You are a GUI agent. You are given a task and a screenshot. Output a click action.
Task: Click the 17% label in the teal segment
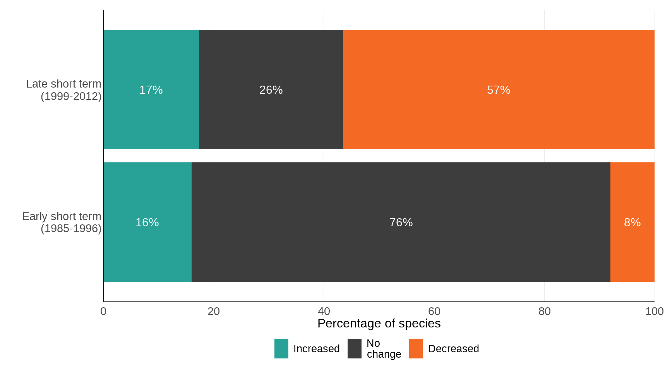pyautogui.click(x=151, y=90)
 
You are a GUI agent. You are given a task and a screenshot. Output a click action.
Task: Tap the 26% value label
pyautogui.click(x=271, y=90)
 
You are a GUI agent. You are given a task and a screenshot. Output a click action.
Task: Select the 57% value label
pyautogui.click(x=498, y=90)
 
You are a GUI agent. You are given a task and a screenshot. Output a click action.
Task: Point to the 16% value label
pyautogui.click(x=147, y=222)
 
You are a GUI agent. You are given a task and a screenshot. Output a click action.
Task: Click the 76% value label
pyautogui.click(x=401, y=222)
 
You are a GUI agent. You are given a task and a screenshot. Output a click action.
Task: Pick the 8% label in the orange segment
pyautogui.click(x=632, y=222)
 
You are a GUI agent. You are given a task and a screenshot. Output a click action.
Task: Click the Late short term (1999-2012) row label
pyautogui.click(x=63, y=90)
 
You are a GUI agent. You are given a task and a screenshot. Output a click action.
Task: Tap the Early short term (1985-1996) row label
pyautogui.click(x=62, y=222)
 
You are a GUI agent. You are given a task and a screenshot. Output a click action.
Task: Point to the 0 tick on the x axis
pyautogui.click(x=103, y=311)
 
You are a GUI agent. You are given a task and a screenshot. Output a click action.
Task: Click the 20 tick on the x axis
pyautogui.click(x=214, y=311)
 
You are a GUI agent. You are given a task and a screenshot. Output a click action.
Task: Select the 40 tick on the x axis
pyautogui.click(x=324, y=311)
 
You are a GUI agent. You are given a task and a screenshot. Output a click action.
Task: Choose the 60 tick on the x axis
pyautogui.click(x=434, y=311)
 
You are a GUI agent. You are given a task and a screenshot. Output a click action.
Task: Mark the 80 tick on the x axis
pyautogui.click(x=544, y=311)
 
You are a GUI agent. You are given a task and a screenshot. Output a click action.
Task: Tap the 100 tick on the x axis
pyautogui.click(x=654, y=311)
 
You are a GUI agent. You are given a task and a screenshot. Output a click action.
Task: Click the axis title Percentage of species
pyautogui.click(x=379, y=323)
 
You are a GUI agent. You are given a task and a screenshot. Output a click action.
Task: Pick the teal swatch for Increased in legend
pyautogui.click(x=281, y=348)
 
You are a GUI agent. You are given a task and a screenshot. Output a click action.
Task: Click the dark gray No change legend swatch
pyautogui.click(x=354, y=348)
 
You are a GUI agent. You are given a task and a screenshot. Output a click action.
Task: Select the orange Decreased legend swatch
pyautogui.click(x=416, y=348)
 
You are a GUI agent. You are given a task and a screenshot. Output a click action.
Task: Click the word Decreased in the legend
pyautogui.click(x=453, y=349)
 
